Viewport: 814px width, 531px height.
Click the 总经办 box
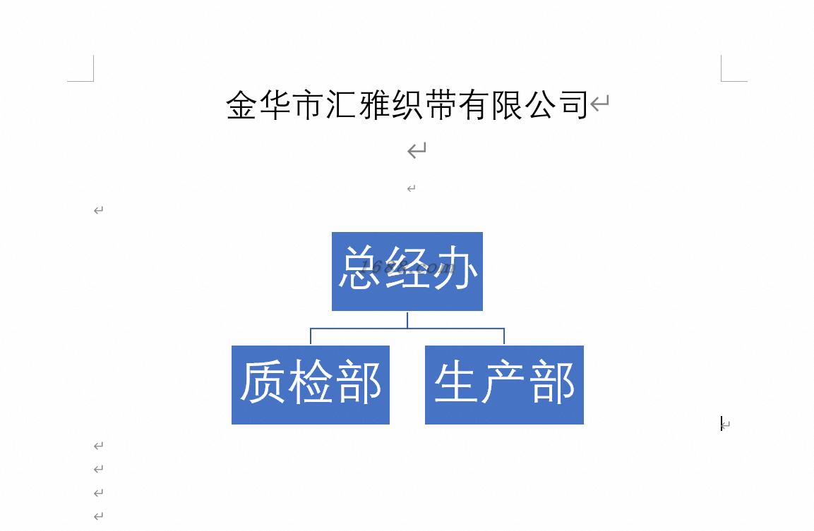click(407, 271)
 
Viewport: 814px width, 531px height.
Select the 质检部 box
click(310, 384)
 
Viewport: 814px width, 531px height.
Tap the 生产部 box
click(504, 384)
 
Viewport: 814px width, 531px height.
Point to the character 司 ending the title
click(573, 105)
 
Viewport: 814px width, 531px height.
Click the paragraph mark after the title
click(599, 105)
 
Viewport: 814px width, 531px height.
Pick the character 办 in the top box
click(456, 269)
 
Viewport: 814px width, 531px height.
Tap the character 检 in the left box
click(311, 382)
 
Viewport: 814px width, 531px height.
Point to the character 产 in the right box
click(504, 382)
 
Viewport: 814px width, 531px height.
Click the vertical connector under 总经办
click(407, 319)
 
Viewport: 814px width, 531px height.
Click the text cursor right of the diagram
click(721, 423)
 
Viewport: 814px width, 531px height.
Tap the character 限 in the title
click(506, 105)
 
